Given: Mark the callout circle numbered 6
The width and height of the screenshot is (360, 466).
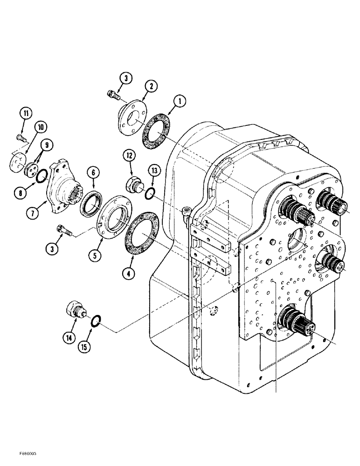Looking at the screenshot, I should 93,172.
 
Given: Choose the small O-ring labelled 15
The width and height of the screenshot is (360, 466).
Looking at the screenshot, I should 95,320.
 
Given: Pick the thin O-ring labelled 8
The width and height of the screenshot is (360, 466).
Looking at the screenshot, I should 42,176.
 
